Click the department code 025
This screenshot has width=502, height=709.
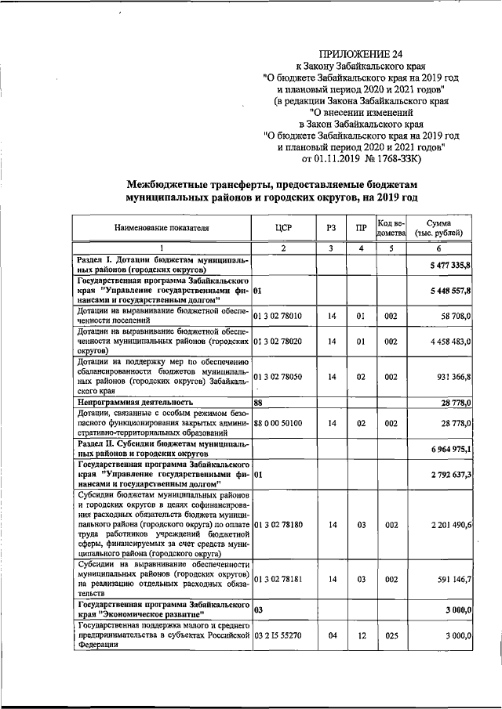pyautogui.click(x=390, y=636)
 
